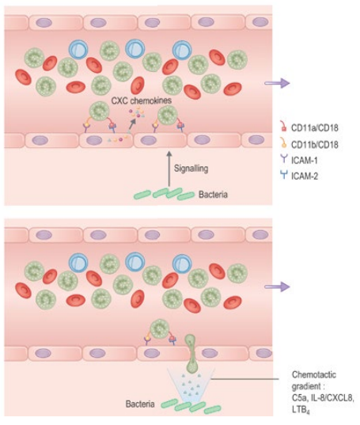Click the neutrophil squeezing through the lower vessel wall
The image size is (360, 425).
pyautogui.click(x=188, y=352)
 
